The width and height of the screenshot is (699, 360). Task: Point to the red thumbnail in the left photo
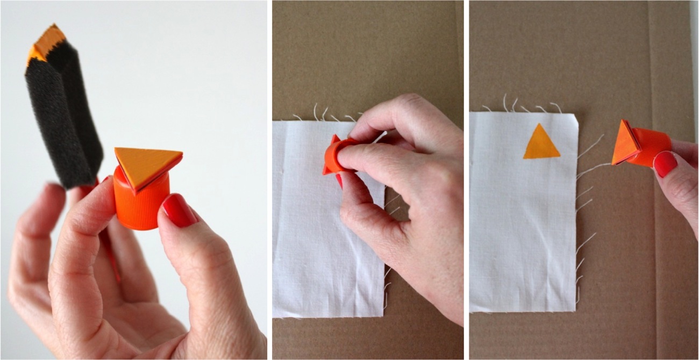tap(179, 210)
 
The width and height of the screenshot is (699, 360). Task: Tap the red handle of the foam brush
tap(110, 247)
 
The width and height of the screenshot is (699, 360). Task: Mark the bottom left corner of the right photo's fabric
tap(471, 311)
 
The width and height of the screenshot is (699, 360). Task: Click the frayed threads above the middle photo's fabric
tap(328, 114)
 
